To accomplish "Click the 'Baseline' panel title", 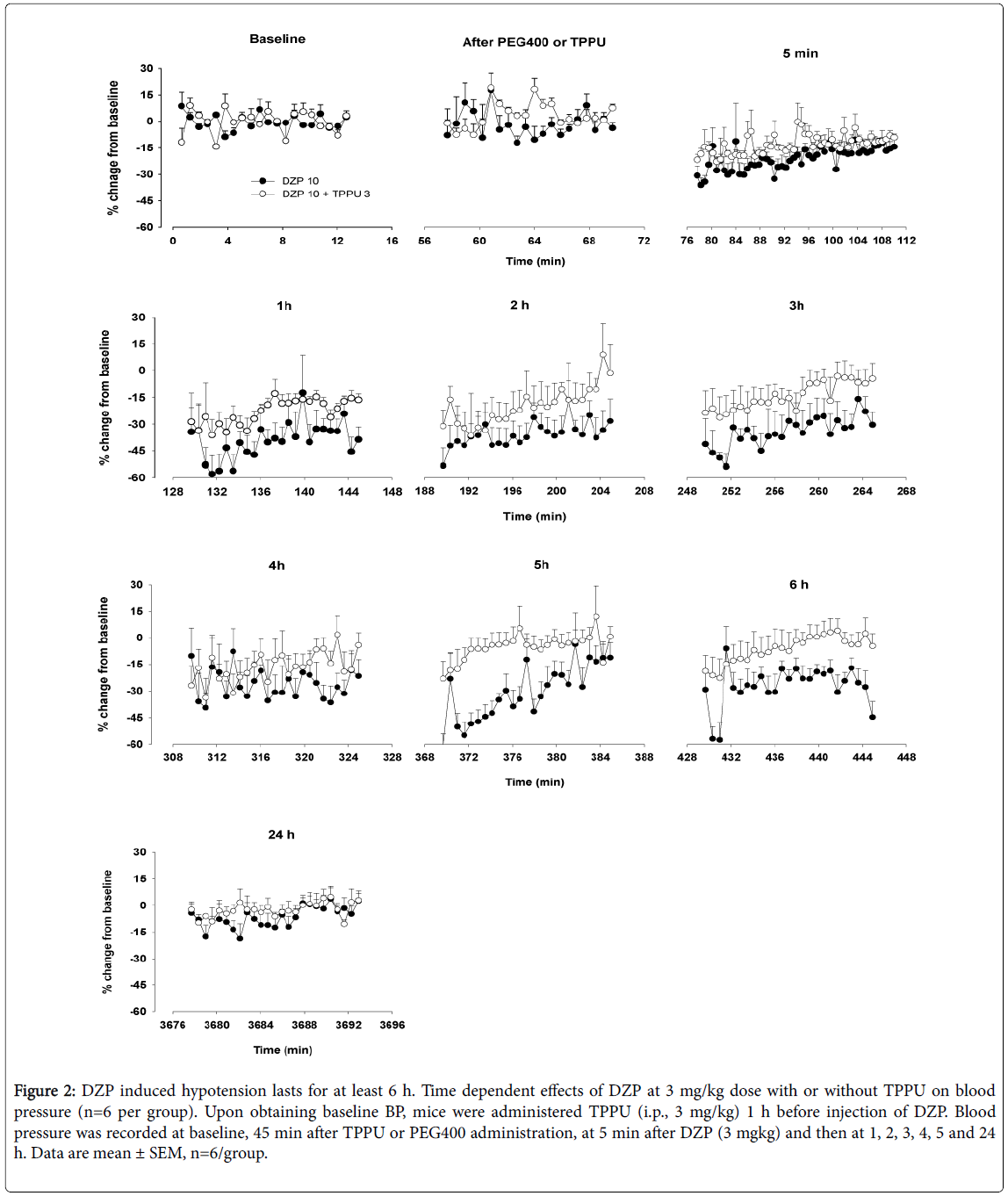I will (277, 39).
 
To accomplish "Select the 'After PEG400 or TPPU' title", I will (534, 42).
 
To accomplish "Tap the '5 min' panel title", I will (800, 54).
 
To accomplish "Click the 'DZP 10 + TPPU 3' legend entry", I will (326, 193).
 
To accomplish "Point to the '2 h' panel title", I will (519, 305).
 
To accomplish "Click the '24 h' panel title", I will (281, 834).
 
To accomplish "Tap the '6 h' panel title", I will (798, 584).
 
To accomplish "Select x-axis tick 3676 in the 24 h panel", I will (172, 1025).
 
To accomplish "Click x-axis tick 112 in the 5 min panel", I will (906, 241).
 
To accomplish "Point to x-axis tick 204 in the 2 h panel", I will (601, 491).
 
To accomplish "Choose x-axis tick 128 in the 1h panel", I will (173, 492).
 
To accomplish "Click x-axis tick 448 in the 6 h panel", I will (906, 757).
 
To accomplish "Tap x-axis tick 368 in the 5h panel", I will (425, 757).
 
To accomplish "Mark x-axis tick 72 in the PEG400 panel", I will (644, 241).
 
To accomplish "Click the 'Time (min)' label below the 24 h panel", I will (282, 1049).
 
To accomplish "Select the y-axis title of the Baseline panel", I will (113, 148).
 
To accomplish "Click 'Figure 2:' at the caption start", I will (45, 1091).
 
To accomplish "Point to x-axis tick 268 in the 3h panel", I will (906, 491).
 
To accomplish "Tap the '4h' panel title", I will (277, 566).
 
